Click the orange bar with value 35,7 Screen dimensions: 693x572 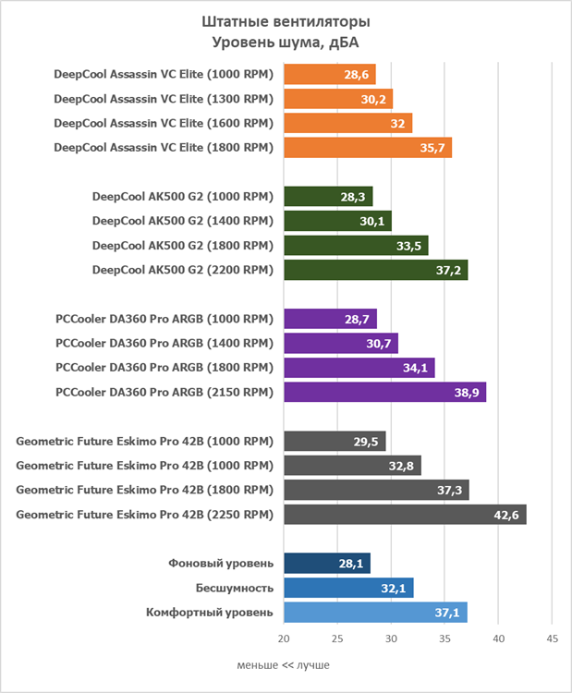pos(368,148)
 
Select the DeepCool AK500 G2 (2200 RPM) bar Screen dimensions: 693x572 pos(375,270)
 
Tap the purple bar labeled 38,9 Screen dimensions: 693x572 pos(384,393)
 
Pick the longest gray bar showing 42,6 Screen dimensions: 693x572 pos(405,515)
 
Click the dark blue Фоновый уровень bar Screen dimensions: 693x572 pos(327,564)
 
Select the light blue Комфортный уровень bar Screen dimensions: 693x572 pos(375,613)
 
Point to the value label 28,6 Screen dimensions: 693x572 pos(358,75)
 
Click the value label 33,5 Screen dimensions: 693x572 pos(410,246)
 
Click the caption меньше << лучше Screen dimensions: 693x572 pos(283,665)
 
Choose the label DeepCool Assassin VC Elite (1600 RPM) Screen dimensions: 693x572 pos(164,124)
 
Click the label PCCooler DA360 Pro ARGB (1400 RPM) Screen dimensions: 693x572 pos(164,344)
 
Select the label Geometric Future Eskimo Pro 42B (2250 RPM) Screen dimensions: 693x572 pos(144,515)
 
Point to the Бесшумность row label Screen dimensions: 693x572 pos(234,589)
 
